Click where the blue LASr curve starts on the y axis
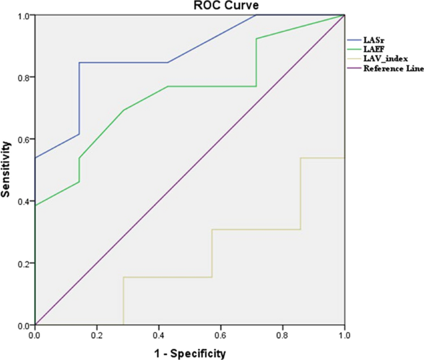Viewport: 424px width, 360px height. (35, 158)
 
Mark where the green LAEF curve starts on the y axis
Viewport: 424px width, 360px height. (35, 205)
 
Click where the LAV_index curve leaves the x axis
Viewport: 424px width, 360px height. (124, 324)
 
